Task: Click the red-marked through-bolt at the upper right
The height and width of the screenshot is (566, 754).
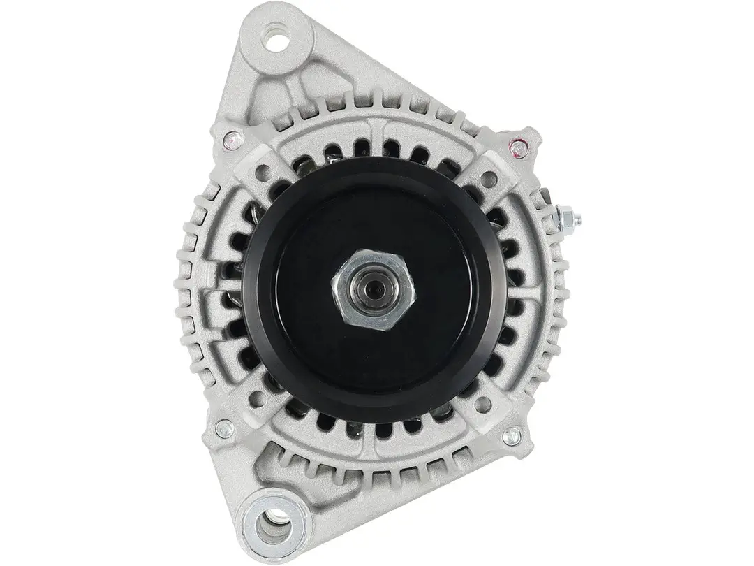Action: click(517, 147)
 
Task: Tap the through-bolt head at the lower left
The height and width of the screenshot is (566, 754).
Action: click(224, 428)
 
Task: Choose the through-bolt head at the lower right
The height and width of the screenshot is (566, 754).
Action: click(512, 436)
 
